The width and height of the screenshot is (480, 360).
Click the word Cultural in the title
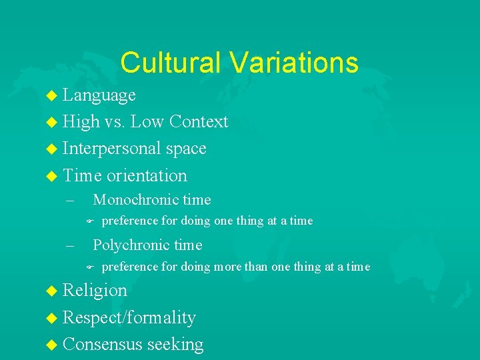click(171, 63)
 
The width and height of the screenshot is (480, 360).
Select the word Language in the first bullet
click(99, 95)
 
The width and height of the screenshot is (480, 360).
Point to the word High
click(81, 122)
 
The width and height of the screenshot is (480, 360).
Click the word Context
click(199, 122)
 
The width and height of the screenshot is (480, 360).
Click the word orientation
click(145, 176)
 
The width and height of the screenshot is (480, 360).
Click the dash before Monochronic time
click(70, 200)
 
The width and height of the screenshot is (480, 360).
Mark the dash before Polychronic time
click(70, 246)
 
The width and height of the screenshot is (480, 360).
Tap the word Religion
click(95, 291)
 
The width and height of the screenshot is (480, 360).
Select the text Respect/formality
click(129, 318)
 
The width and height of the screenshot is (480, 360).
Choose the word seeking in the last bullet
click(175, 345)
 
